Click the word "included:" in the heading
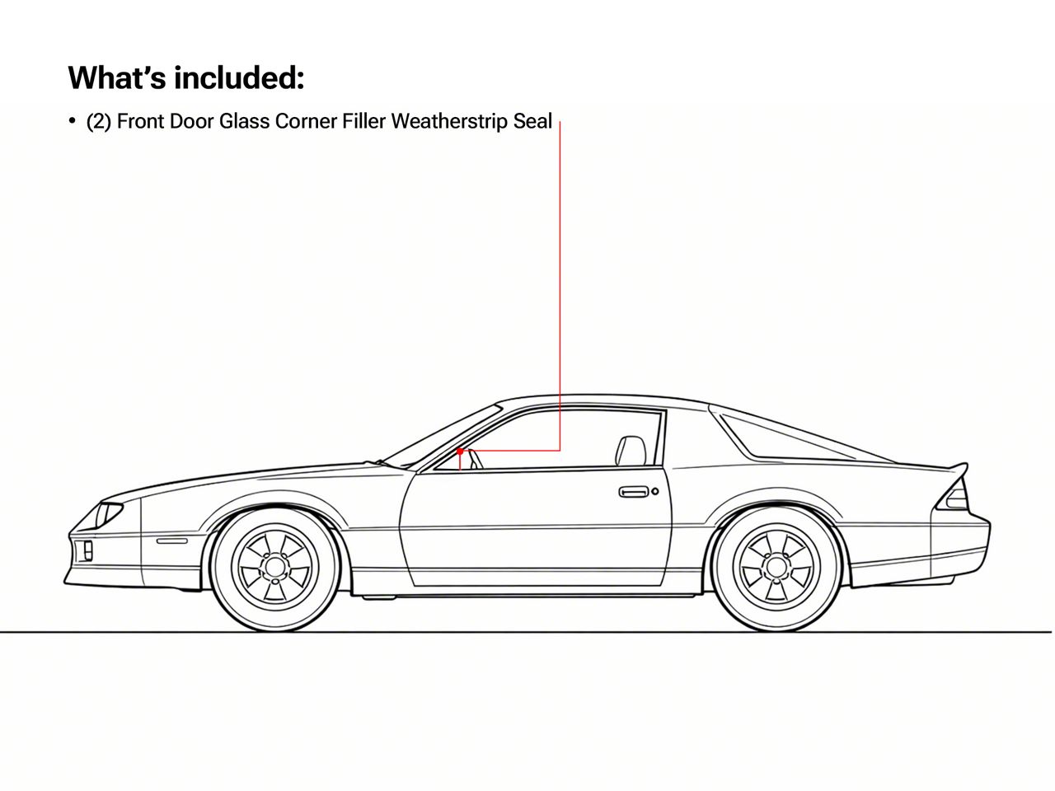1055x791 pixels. [239, 77]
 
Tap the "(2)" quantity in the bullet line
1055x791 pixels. [99, 121]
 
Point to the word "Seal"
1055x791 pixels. [532, 121]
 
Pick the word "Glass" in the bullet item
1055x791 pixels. [244, 121]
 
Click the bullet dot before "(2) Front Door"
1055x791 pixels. [72, 120]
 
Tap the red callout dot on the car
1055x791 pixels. [460, 452]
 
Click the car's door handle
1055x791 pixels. [634, 492]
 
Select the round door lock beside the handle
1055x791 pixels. [654, 491]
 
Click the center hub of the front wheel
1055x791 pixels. [275, 567]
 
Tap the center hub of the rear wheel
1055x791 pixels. [776, 567]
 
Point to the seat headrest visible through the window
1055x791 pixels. [631, 451]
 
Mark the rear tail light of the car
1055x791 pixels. [954, 497]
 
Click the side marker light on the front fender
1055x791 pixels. [172, 541]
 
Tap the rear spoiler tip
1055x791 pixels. [965, 465]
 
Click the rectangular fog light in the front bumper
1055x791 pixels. [88, 550]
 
